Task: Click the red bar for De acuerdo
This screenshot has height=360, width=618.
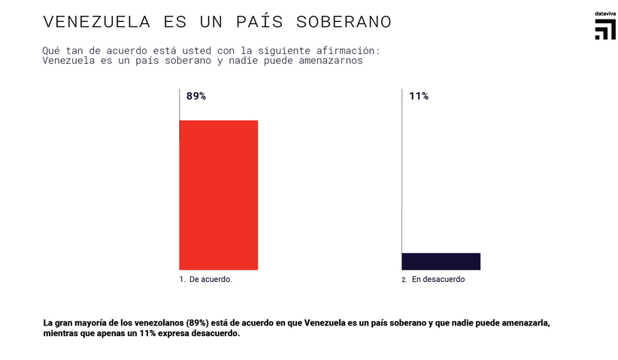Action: [x=218, y=195]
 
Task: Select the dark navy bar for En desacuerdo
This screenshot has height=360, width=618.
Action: [x=441, y=261]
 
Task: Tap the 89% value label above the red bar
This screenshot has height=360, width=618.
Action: [x=195, y=96]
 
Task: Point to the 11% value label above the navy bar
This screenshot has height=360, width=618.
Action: [x=419, y=96]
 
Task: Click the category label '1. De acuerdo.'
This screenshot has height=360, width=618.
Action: [x=205, y=280]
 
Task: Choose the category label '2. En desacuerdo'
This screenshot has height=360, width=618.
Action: [x=433, y=280]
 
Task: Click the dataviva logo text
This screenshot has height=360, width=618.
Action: [x=604, y=14]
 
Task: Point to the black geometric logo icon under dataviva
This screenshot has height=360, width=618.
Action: [x=605, y=30]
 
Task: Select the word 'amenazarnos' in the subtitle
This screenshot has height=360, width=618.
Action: [x=329, y=61]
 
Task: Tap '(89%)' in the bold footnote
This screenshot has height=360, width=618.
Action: [x=199, y=323]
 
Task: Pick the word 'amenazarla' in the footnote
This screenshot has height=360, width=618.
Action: [x=526, y=323]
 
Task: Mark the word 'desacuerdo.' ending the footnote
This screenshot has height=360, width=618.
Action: [x=216, y=334]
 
